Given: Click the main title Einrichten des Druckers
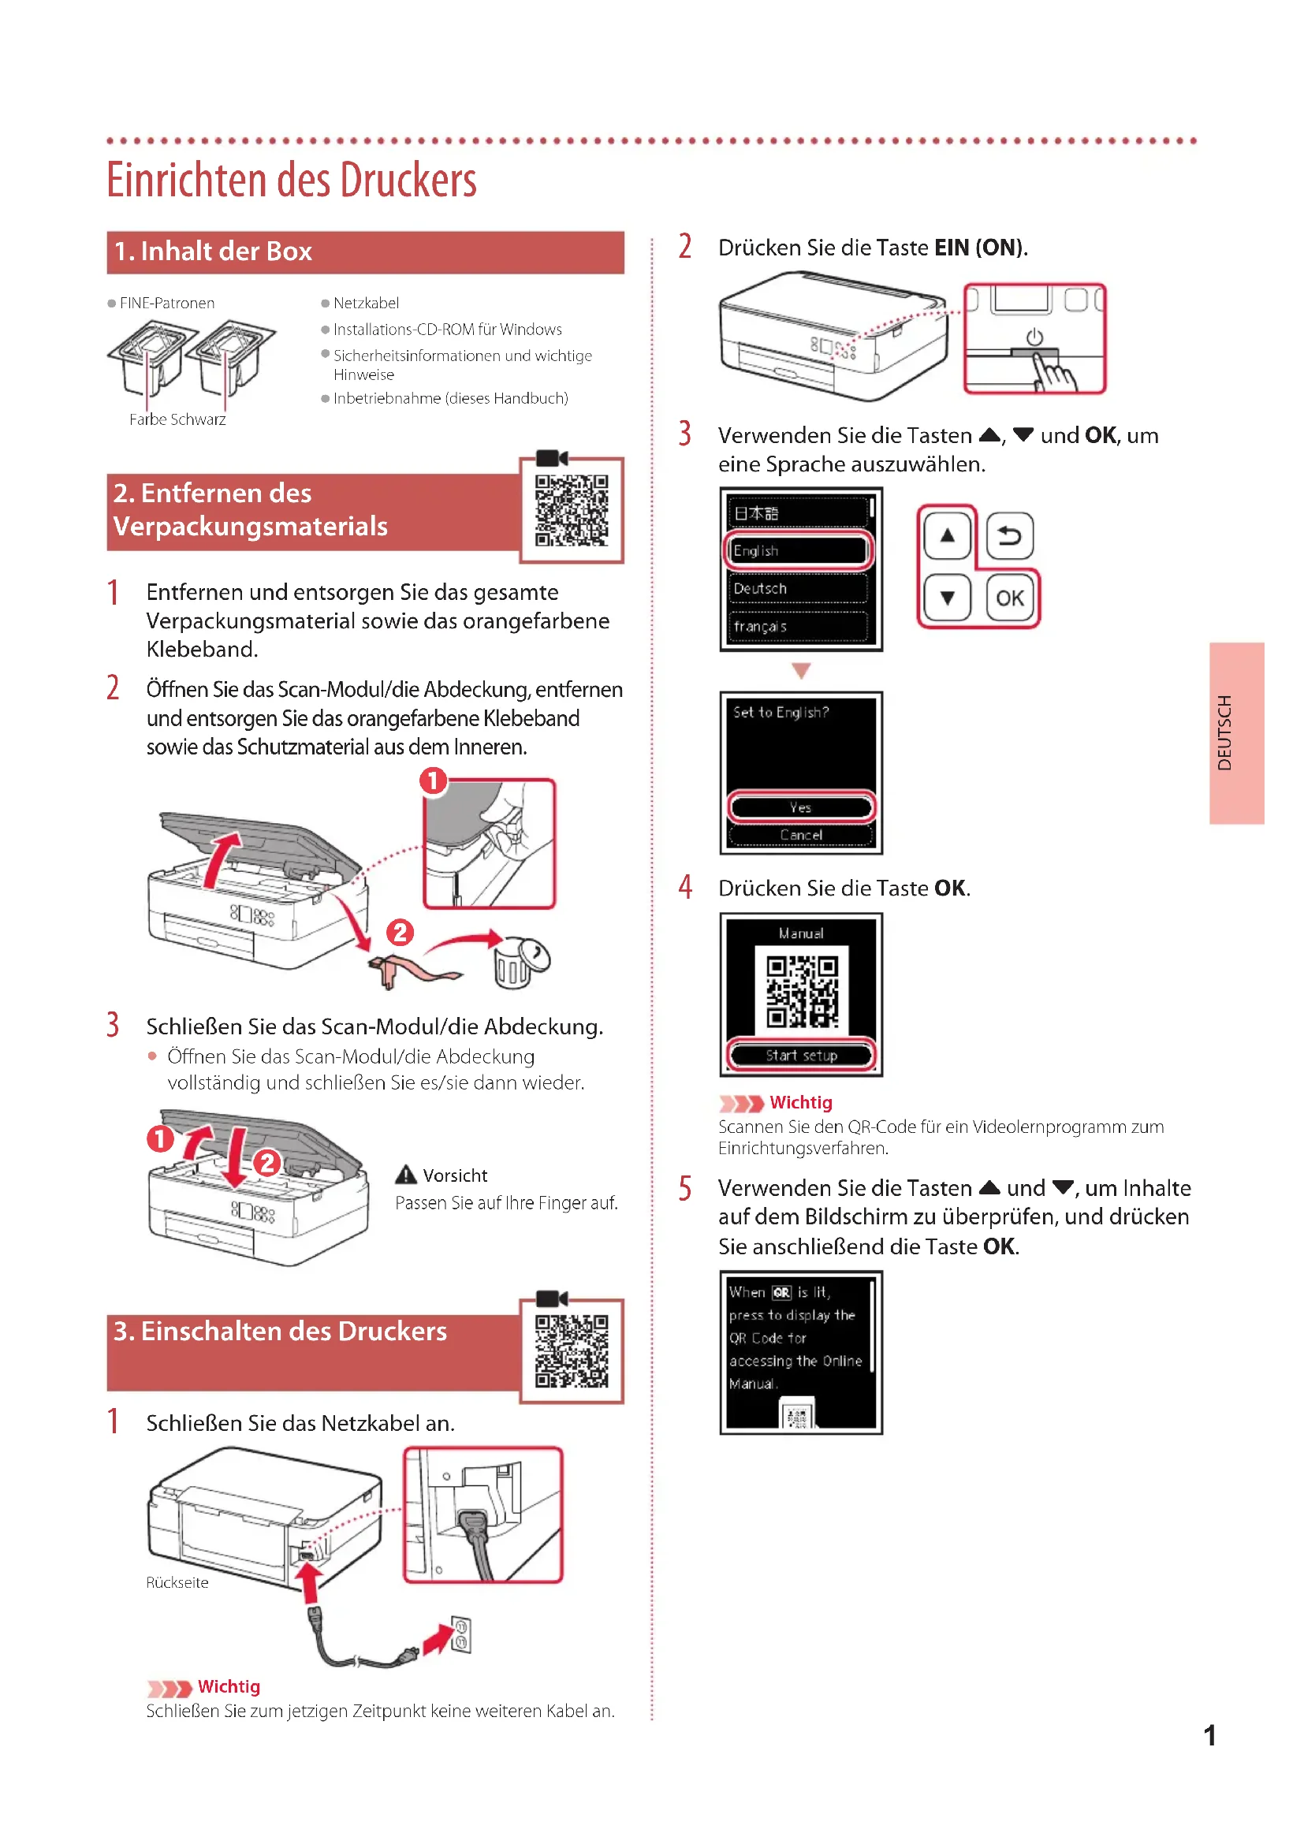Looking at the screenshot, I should tap(292, 180).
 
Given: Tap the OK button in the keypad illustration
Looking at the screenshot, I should tap(1009, 598).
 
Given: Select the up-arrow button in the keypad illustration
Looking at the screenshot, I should tap(948, 535).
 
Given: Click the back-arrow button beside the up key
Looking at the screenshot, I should tap(1009, 535).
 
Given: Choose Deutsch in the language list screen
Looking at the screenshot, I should tap(798, 589).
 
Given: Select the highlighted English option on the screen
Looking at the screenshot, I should tap(798, 551).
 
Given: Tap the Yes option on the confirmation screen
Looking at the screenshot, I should tap(800, 807).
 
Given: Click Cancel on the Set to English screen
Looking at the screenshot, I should tap(800, 835).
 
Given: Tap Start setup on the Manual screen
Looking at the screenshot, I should tap(800, 1056).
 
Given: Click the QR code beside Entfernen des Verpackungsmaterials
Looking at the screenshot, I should tap(572, 511).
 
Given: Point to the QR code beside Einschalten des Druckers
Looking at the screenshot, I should tap(572, 1351).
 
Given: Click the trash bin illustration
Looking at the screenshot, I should tap(519, 963).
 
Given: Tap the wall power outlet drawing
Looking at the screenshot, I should tap(461, 1635).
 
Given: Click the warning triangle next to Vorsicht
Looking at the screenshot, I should tap(406, 1175).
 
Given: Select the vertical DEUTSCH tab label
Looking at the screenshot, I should tap(1224, 732).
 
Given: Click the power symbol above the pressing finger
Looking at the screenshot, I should tap(1034, 337).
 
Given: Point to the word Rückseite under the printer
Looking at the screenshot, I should tap(177, 1583).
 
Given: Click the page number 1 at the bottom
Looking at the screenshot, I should tap(1209, 1735).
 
